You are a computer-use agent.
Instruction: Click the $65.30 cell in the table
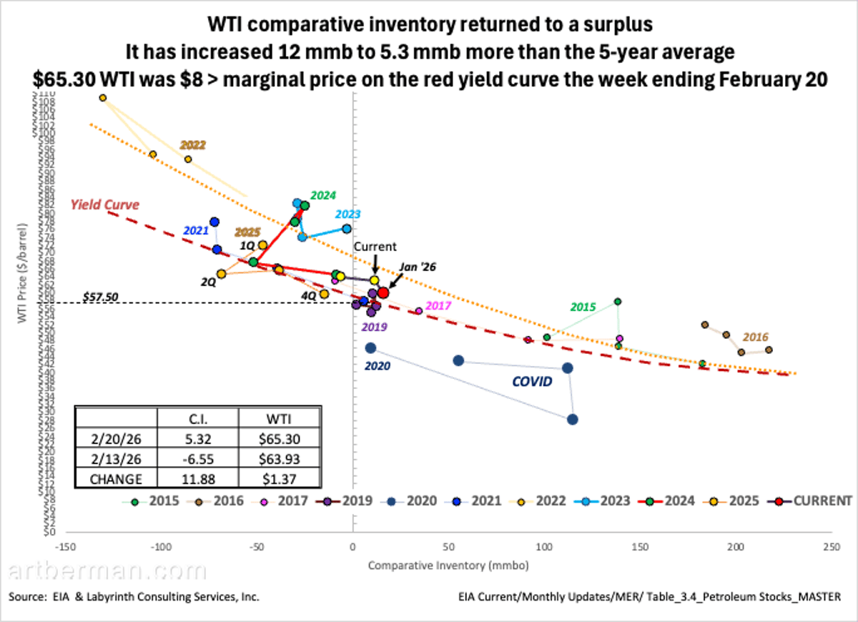point(280,438)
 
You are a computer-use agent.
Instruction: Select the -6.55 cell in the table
point(197,458)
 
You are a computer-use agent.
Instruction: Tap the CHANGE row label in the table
point(115,478)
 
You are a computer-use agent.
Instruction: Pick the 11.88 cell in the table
point(197,478)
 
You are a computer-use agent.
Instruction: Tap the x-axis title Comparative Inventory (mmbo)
point(448,566)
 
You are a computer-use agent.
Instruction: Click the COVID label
point(532,382)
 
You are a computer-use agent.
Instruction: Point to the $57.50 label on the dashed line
point(100,295)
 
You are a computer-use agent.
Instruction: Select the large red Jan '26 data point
point(383,292)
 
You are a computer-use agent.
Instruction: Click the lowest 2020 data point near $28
point(572,420)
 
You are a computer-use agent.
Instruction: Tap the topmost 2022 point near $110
point(103,98)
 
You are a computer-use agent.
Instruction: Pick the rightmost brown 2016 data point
point(769,350)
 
